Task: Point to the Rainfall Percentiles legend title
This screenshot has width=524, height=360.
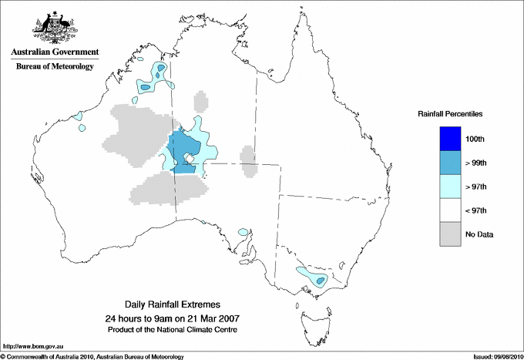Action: pos(450,113)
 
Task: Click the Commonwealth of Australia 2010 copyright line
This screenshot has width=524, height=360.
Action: pos(92,356)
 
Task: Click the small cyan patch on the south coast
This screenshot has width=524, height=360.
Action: pos(244,231)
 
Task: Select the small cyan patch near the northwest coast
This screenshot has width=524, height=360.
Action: pos(79,116)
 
